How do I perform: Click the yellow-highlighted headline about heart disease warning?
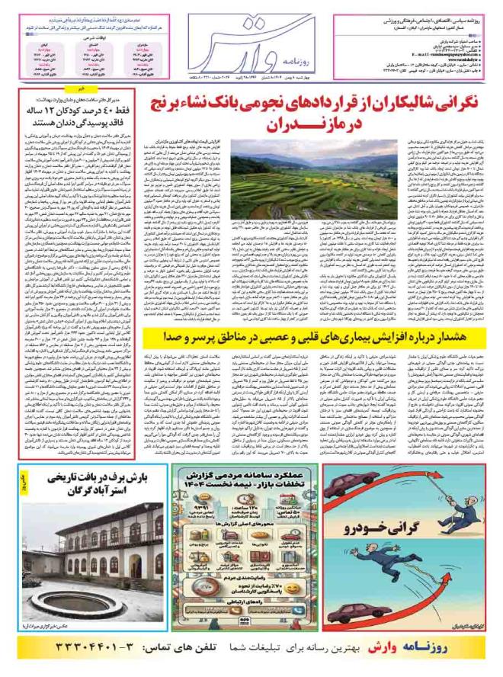click(315, 335)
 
